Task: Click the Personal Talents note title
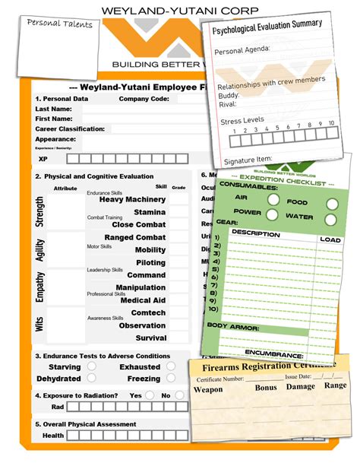(59, 24)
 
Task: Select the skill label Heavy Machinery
(133, 199)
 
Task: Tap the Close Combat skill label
(138, 225)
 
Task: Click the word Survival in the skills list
(151, 338)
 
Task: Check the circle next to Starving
(92, 366)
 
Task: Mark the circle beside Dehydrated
(92, 378)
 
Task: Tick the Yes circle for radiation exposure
(152, 395)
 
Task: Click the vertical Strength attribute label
(40, 212)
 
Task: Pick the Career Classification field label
(70, 129)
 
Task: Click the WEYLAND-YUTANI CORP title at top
(179, 9)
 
